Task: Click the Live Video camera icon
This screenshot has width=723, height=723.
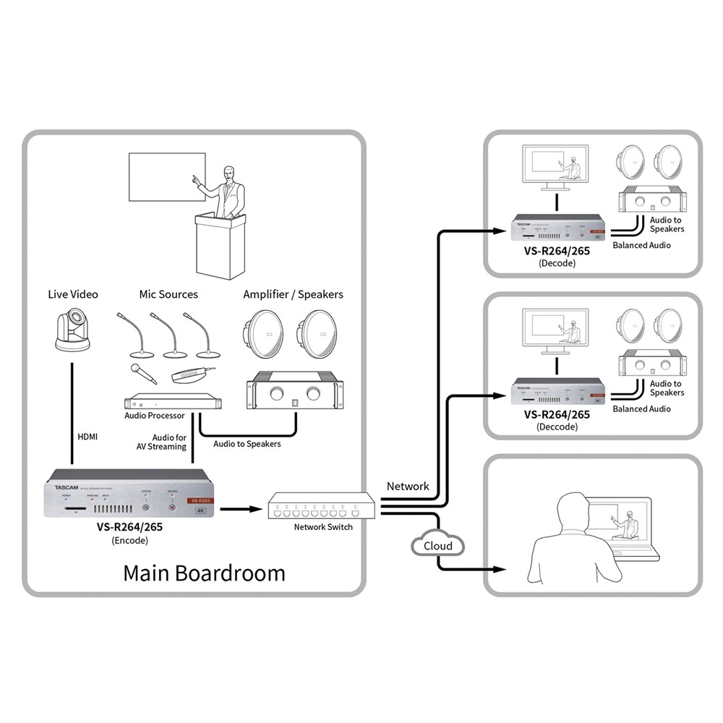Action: [x=73, y=332]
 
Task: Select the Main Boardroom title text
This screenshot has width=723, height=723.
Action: [x=204, y=573]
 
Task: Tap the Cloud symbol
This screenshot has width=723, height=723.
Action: [x=439, y=546]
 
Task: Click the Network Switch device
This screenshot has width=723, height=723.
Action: [x=322, y=507]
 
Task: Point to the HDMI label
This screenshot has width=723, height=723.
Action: [x=87, y=437]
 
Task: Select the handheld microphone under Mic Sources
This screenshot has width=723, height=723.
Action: [x=143, y=373]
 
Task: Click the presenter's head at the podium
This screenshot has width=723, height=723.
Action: [x=230, y=174]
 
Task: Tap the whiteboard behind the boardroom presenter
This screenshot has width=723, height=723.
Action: [x=164, y=176]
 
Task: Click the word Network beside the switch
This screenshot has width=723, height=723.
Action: [x=408, y=487]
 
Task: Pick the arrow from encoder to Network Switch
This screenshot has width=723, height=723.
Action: [x=239, y=509]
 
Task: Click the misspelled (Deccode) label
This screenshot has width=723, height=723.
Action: [x=557, y=427]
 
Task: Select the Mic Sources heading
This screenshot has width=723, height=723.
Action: [x=168, y=294]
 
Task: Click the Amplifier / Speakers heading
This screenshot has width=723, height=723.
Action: [x=293, y=294]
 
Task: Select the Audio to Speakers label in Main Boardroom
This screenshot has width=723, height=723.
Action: [x=247, y=444]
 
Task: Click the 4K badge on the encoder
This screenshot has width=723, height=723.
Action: [x=200, y=510]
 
